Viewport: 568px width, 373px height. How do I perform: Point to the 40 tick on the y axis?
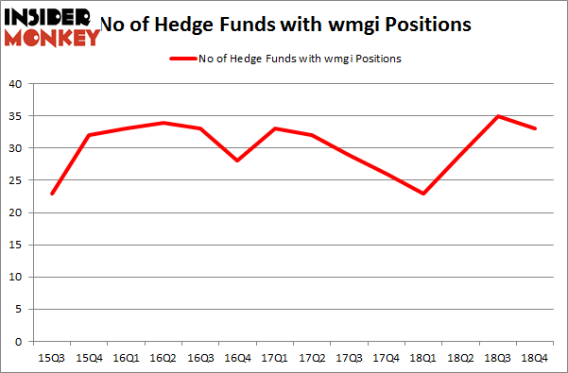tap(16, 84)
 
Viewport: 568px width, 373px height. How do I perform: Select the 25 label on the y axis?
tap(16, 180)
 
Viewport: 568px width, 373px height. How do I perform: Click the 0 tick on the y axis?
tap(19, 342)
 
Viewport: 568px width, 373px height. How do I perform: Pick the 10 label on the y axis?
tap(16, 278)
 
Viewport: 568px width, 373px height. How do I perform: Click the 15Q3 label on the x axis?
tap(52, 357)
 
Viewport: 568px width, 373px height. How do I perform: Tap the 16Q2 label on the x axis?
tap(163, 357)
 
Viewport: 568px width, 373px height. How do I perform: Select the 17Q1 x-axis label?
tap(274, 357)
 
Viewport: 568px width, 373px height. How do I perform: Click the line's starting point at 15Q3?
tap(52, 194)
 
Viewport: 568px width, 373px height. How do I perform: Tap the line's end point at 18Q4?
tap(535, 128)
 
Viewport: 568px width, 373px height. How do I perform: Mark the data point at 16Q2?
tap(164, 123)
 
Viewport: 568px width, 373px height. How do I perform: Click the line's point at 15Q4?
tap(89, 135)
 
